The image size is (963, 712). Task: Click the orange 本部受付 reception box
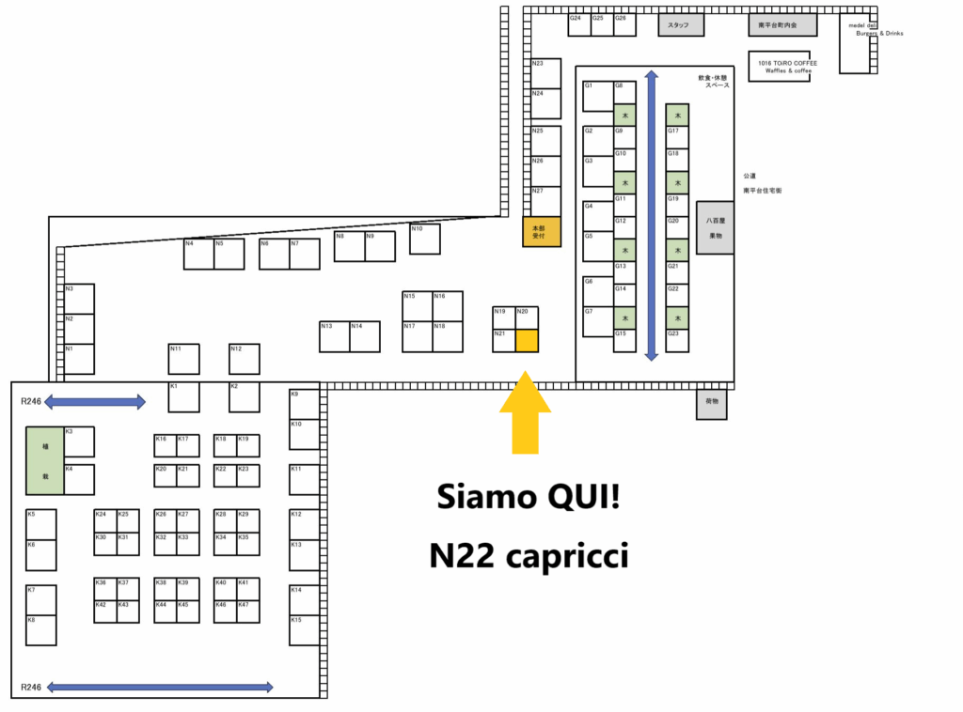pyautogui.click(x=542, y=231)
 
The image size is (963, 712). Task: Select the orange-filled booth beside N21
pyautogui.click(x=527, y=340)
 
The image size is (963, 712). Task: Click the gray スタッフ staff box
pyautogui.click(x=680, y=25)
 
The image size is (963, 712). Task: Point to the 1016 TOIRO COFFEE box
pyautogui.click(x=779, y=66)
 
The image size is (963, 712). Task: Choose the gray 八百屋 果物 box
pyautogui.click(x=715, y=227)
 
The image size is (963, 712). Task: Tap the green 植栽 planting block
pyautogui.click(x=44, y=460)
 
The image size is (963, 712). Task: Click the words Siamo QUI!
pyautogui.click(x=529, y=497)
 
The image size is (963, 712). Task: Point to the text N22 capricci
pyautogui.click(x=529, y=555)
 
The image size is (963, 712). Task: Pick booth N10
pyautogui.click(x=425, y=239)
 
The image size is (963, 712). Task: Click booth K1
pyautogui.click(x=184, y=396)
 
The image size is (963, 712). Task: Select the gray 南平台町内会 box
pyautogui.click(x=782, y=25)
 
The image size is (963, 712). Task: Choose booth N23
pyautogui.click(x=545, y=73)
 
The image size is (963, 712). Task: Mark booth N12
pyautogui.click(x=245, y=359)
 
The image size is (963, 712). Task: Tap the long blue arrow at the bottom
pyautogui.click(x=160, y=688)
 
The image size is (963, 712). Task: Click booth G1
pyautogui.click(x=598, y=96)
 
